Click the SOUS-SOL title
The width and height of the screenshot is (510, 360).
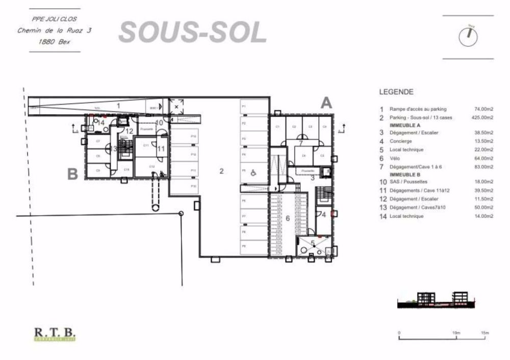pyautogui.click(x=193, y=33)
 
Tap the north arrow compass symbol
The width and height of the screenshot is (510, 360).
pyautogui.click(x=468, y=36)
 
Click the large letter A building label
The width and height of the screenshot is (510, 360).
pyautogui.click(x=326, y=103)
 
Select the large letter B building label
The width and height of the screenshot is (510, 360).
pyautogui.click(x=73, y=174)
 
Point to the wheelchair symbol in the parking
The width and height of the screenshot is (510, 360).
pyautogui.click(x=253, y=173)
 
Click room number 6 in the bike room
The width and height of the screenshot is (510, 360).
pyautogui.click(x=288, y=218)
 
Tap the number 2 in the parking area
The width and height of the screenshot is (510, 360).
pyautogui.click(x=221, y=171)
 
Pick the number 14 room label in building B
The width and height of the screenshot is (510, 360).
pyautogui.click(x=100, y=123)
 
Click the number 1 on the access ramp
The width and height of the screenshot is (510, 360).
pyautogui.click(x=118, y=105)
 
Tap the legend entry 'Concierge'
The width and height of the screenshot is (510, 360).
pyautogui.click(x=401, y=142)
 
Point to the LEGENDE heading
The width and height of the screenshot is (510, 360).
pyautogui.click(x=396, y=93)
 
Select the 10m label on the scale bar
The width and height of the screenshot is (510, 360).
pyautogui.click(x=456, y=333)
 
